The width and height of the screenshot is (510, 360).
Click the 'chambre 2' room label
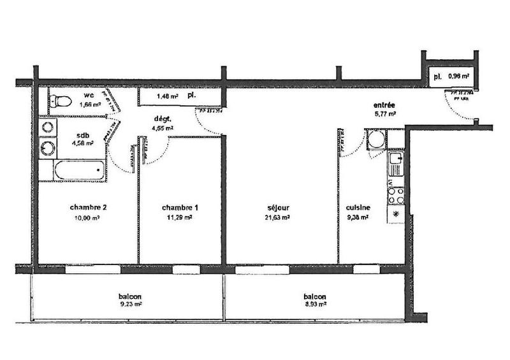[x=87, y=208]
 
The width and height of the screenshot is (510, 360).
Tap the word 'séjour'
[x=278, y=208]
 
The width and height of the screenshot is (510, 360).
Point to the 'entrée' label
[x=384, y=105]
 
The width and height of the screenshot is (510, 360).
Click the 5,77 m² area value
[x=385, y=114]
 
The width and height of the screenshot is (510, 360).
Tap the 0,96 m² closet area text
[x=459, y=76]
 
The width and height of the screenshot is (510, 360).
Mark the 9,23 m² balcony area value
[x=129, y=305]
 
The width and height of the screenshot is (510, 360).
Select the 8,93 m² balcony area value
[x=315, y=305]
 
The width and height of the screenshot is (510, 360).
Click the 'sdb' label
[x=83, y=135]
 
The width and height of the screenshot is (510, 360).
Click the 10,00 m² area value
[x=87, y=217]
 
